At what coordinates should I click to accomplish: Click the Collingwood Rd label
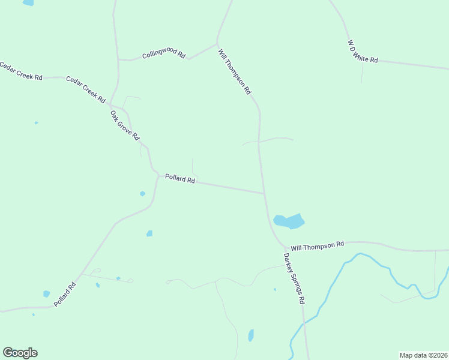[x=163, y=55]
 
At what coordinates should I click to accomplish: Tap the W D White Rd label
[x=363, y=51]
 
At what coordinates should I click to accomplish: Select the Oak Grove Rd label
[x=125, y=125]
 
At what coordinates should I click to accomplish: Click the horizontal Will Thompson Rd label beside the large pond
[x=318, y=246]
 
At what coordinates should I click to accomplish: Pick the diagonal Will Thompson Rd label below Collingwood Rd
[x=235, y=71]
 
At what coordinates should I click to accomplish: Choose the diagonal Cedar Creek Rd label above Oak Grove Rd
[x=85, y=89]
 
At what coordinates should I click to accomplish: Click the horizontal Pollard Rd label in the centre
[x=180, y=179]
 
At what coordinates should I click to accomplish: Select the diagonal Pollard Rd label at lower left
[x=65, y=294]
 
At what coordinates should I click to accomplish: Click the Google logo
[x=20, y=353]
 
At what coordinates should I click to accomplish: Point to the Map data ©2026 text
[x=423, y=355]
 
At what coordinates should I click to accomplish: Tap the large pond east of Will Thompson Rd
[x=289, y=221]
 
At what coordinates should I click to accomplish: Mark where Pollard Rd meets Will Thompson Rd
[x=265, y=193]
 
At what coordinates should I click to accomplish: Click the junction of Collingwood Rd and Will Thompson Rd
[x=217, y=43]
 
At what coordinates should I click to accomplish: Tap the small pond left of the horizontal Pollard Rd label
[x=142, y=194]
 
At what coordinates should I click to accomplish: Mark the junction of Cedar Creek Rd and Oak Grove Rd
[x=112, y=104]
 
